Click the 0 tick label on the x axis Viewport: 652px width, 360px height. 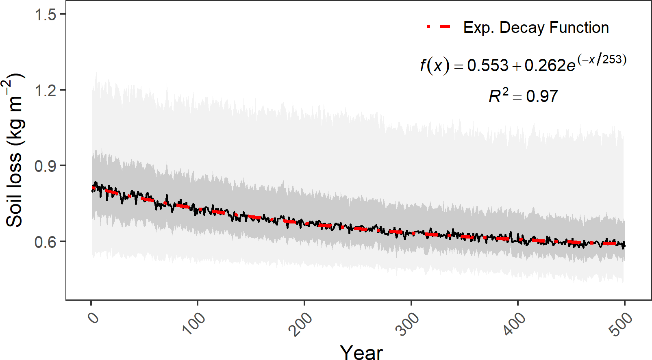(x=94, y=317)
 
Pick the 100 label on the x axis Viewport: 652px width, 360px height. (x=194, y=323)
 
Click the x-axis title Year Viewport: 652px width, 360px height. (x=361, y=352)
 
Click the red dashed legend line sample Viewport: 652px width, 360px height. (x=439, y=27)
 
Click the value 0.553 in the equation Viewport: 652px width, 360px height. (x=488, y=65)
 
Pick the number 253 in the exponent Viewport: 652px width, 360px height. (x=612, y=60)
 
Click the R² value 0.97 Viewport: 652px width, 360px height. (x=542, y=96)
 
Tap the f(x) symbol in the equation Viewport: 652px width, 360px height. (x=435, y=65)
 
